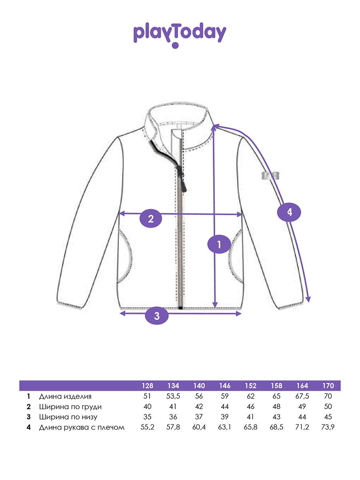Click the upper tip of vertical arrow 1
tap(214, 126)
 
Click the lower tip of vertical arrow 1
tap(215, 308)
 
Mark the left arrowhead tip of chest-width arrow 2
tap(119, 214)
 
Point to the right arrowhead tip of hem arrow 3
tap(242, 314)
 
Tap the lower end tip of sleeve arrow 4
tap(309, 302)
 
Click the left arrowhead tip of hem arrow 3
tap(120, 313)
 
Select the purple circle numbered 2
tap(151, 218)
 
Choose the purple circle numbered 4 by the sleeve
tap(289, 212)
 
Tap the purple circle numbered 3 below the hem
tap(157, 316)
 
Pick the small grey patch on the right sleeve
tap(270, 176)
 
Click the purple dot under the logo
tap(175, 45)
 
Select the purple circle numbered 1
tap(219, 244)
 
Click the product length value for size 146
tap(225, 396)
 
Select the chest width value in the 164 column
tap(302, 406)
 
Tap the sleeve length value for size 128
tap(147, 427)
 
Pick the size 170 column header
tap(328, 386)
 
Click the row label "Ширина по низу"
tap(68, 417)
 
